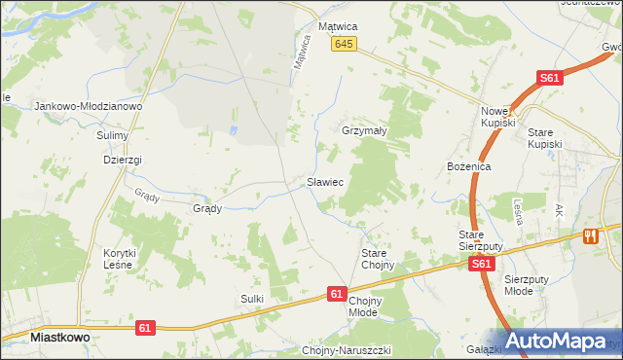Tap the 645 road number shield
point(344,45)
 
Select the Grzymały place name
point(365,130)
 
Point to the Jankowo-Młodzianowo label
point(89,106)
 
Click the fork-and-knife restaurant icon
point(589,236)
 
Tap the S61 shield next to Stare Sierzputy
point(479,264)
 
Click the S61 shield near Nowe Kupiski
point(551,79)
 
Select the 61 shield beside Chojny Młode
point(337,293)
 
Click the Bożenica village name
point(468,167)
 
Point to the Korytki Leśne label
point(121,259)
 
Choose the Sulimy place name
point(113,135)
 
